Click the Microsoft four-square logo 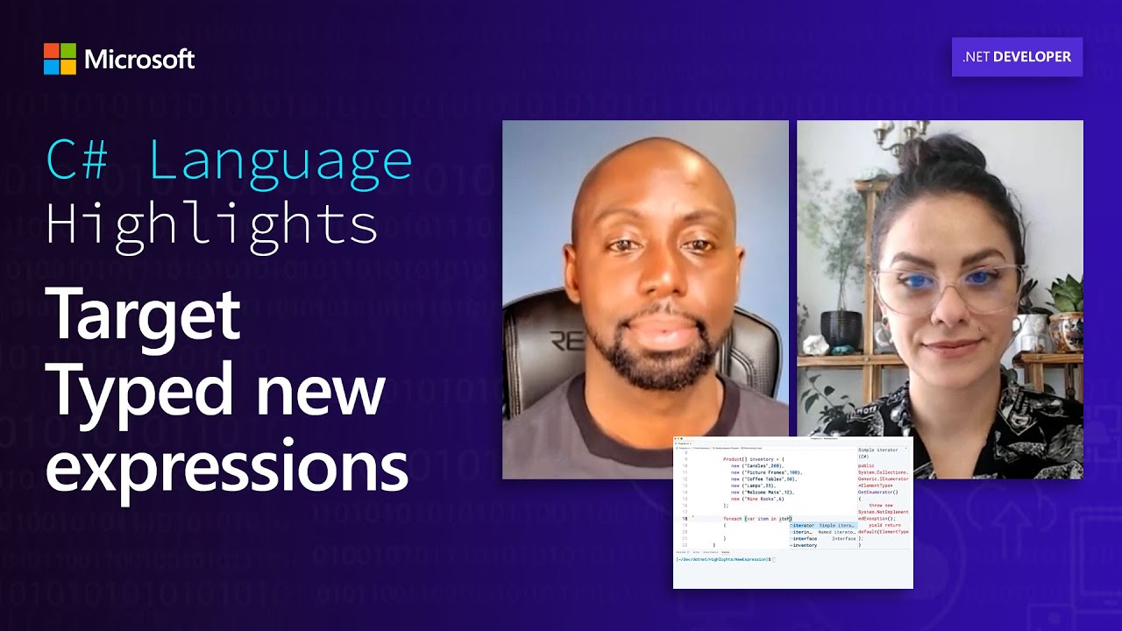point(60,59)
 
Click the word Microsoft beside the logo point(139,60)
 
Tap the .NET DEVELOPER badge point(1017,57)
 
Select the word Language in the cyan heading point(280,160)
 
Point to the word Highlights point(211,223)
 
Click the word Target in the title point(143,315)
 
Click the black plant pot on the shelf point(840,329)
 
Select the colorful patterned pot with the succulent point(1065,330)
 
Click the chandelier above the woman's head point(903,131)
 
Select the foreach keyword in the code point(732,519)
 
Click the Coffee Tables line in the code point(763,479)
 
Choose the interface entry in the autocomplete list point(805,538)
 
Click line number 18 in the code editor point(685,519)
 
